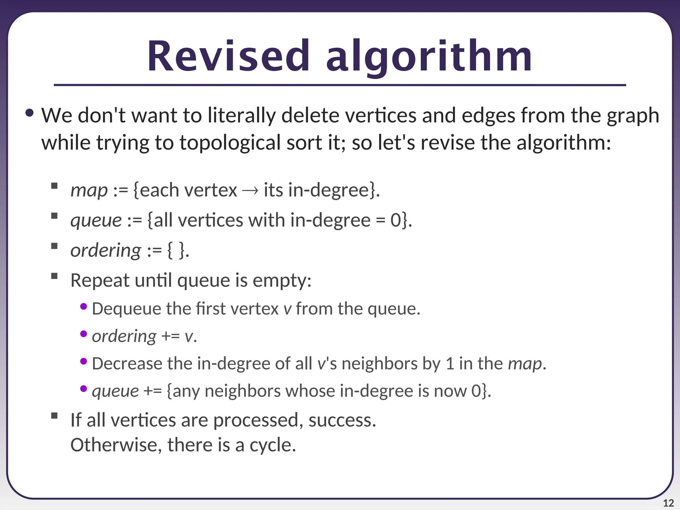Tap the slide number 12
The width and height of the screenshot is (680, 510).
pos(668,503)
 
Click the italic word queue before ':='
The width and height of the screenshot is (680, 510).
pos(96,220)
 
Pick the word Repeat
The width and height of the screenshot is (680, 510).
pos(100,281)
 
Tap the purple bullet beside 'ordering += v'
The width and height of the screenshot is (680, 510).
pos(84,334)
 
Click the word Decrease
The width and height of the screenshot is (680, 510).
pos(127,364)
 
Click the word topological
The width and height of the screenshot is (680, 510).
pos(230,143)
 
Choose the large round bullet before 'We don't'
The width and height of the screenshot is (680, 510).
pos(30,113)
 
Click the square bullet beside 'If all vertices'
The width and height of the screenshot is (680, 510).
pos(54,416)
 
